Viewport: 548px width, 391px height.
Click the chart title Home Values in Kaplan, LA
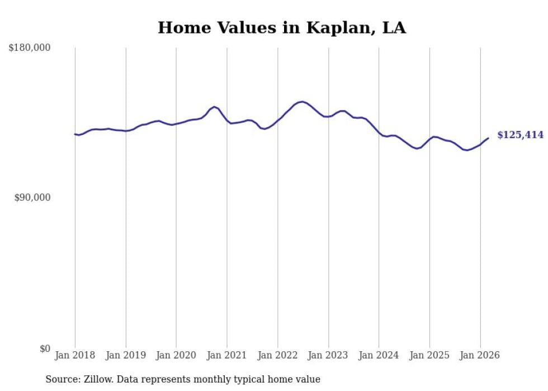[281, 27]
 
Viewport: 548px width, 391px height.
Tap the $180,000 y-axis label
[30, 48]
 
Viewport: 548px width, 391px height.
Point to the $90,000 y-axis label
[32, 197]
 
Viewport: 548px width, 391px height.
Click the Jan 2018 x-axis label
[75, 355]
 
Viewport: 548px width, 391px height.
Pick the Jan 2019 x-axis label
[126, 355]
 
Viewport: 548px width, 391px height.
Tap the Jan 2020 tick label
[176, 355]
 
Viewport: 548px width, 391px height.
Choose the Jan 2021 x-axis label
[227, 355]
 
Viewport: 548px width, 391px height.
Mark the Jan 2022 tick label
[277, 355]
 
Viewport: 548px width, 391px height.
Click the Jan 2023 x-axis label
[328, 355]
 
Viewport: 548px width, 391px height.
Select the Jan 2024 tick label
[379, 355]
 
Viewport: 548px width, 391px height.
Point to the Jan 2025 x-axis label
[429, 355]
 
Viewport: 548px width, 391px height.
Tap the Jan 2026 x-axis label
[480, 355]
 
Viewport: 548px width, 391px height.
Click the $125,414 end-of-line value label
[520, 135]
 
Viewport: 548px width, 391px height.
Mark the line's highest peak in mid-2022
[302, 102]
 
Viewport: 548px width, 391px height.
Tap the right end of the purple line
[488, 138]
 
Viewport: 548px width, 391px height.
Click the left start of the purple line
[75, 134]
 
